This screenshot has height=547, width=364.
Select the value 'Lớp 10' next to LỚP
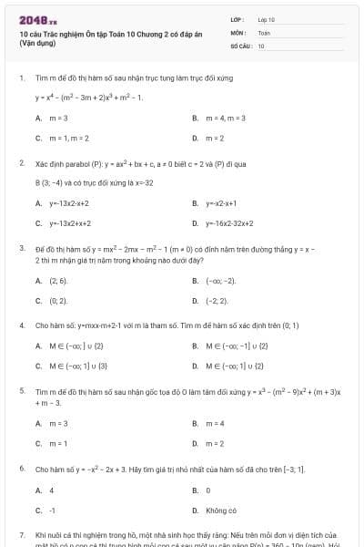point(266,18)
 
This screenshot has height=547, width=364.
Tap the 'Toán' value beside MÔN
point(264,32)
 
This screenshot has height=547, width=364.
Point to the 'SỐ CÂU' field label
point(239,45)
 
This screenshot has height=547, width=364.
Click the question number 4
point(21,325)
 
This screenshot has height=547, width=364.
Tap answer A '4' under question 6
point(51,490)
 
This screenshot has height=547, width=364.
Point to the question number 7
point(21,533)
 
